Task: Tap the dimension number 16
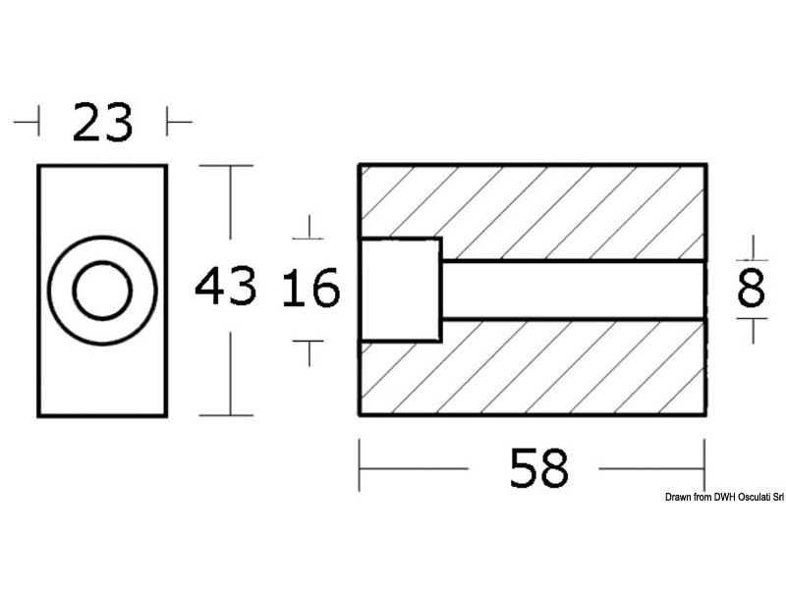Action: (x=310, y=290)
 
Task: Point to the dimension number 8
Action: (x=752, y=290)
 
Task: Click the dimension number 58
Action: (x=539, y=469)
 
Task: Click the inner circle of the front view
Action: (x=102, y=290)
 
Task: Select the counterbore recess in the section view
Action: (x=400, y=290)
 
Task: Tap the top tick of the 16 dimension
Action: (x=309, y=232)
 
